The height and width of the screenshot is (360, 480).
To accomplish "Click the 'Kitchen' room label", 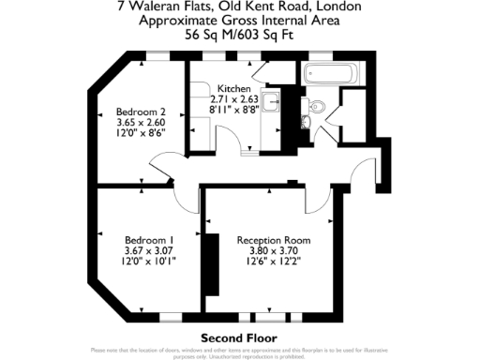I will pos(234,88).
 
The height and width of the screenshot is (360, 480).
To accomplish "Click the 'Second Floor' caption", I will pos(239,337).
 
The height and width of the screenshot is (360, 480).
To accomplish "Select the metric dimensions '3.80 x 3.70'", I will pos(274,250).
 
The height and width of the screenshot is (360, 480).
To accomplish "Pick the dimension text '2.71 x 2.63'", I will pos(234,98).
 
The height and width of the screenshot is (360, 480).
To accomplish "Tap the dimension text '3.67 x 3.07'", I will pos(149,250).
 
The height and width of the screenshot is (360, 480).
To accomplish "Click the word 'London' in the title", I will pos(338,6).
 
